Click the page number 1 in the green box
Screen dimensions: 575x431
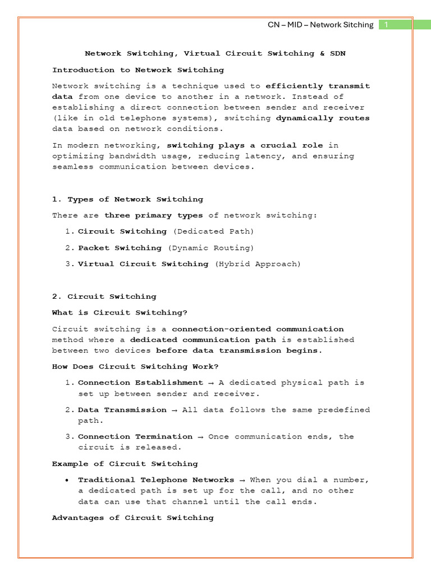(387, 25)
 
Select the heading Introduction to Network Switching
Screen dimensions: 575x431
(138, 70)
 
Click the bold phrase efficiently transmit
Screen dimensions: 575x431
(318, 86)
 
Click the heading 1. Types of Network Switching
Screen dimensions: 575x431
(127, 199)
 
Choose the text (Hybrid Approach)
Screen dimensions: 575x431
(258, 264)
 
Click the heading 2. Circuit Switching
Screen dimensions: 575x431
(104, 296)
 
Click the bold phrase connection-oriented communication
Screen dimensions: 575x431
(258, 329)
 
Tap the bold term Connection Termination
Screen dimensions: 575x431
(135, 436)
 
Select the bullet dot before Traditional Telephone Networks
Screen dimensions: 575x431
(67, 480)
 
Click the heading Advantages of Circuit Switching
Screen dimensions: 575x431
(133, 518)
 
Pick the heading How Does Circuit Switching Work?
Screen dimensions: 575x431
(135, 367)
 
